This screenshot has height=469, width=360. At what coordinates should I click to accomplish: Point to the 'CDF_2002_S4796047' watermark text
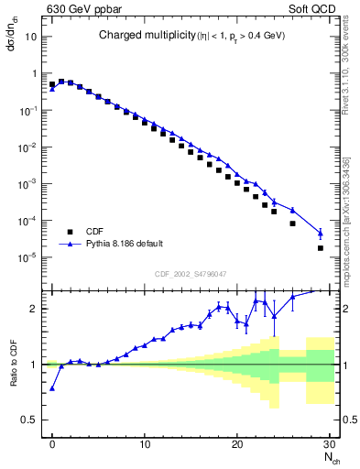click(x=191, y=274)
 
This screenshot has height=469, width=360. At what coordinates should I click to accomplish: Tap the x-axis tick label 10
click(x=145, y=444)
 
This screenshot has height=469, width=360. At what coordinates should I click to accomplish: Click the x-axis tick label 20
click(x=237, y=444)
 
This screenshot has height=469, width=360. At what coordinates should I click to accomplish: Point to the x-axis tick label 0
click(x=52, y=444)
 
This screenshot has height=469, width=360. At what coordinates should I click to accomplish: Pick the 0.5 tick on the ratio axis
click(x=33, y=420)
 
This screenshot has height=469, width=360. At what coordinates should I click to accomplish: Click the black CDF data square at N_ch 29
click(x=320, y=248)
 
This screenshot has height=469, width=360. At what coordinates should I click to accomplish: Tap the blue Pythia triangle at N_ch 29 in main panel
click(x=320, y=232)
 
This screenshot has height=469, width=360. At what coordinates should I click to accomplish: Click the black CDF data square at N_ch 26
click(x=292, y=223)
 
